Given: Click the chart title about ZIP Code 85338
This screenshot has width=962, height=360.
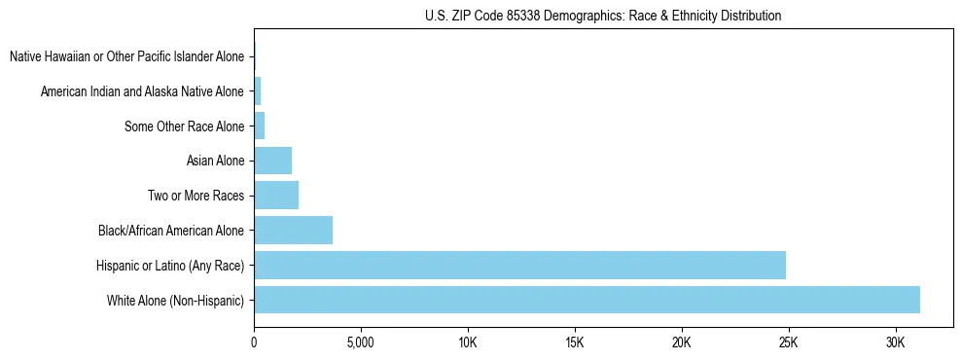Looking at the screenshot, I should click(603, 16).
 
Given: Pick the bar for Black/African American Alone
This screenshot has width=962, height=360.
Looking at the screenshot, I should click(293, 231).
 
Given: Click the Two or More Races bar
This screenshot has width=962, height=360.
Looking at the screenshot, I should click(276, 196).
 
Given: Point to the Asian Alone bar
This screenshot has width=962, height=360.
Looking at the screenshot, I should click(272, 161).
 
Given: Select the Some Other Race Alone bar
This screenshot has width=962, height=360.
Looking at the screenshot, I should click(260, 126).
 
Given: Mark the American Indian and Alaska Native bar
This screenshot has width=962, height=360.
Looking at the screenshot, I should click(258, 91).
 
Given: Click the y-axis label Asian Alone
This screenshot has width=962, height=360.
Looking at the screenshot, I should click(215, 161).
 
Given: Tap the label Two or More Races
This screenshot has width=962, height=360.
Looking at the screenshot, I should click(196, 196).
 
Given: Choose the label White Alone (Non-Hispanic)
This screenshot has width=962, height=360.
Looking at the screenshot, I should click(175, 300).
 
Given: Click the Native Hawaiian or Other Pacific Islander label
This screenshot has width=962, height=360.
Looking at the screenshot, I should click(126, 56).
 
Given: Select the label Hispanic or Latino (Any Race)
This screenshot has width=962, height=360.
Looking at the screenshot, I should click(169, 265).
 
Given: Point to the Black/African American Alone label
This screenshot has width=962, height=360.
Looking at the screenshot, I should click(171, 231).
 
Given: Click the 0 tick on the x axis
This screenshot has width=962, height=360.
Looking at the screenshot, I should click(254, 343).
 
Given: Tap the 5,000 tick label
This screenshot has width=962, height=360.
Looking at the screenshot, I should click(361, 343).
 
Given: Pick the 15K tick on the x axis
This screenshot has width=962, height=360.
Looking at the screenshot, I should click(574, 343).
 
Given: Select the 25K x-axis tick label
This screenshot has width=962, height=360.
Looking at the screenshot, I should click(788, 343).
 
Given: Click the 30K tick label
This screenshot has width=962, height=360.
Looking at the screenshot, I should click(895, 343).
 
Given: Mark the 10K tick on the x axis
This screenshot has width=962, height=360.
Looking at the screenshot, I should click(467, 343).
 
